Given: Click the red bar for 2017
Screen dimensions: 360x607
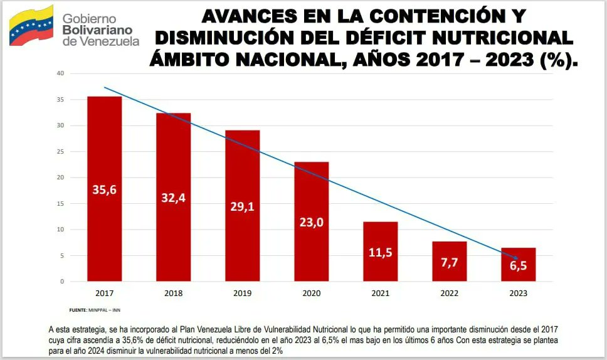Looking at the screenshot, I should [105, 188].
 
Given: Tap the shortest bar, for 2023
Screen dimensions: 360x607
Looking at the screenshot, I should [519, 265].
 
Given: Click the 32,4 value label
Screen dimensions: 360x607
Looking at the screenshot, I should [174, 199].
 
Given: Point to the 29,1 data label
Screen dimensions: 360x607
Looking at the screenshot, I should [243, 206].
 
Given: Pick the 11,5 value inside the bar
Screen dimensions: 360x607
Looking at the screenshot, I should [381, 253].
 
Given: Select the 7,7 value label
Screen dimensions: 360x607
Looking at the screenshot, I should [450, 262].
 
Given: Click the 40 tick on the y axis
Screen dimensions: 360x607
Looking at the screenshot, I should [60, 73].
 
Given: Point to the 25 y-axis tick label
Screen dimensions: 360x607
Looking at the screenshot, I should [60, 151].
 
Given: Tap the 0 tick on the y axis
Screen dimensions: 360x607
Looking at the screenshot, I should [62, 282].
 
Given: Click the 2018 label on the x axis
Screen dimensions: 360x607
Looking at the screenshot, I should [174, 294].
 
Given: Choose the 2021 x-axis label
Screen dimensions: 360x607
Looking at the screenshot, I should [381, 294].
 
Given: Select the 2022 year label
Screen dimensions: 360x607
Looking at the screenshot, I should [450, 294].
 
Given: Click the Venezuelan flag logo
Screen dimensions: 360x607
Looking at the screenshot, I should [31, 26].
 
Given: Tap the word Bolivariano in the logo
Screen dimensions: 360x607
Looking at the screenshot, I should [97, 30].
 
